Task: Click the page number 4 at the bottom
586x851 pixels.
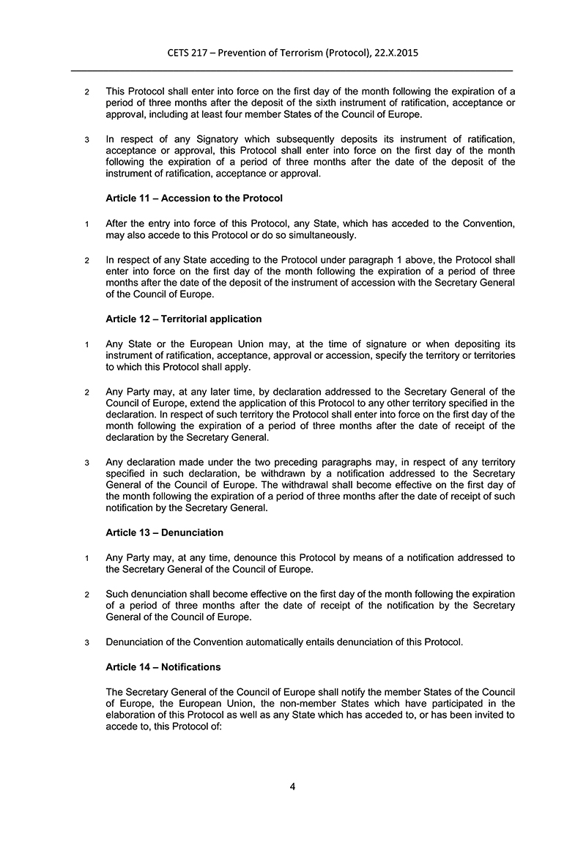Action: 292,787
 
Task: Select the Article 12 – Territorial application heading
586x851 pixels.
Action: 183,319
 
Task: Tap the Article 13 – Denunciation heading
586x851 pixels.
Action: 164,532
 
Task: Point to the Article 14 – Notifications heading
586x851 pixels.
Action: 163,667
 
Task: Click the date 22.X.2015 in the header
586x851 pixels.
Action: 393,53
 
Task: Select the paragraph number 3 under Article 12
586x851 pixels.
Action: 87,463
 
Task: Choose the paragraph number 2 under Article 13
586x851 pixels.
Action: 87,594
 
